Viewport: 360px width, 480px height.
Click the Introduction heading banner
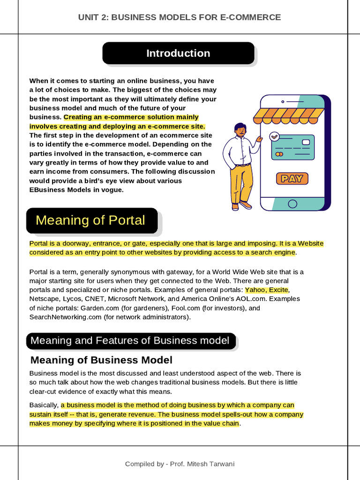click(178, 53)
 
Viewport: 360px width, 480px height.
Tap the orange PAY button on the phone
click(292, 178)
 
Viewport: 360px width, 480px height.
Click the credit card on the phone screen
click(292, 147)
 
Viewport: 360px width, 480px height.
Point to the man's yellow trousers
click(241, 183)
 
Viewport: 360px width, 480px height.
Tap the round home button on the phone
click(292, 203)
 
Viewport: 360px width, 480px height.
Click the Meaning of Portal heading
click(91, 220)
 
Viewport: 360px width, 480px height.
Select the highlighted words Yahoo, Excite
click(266, 290)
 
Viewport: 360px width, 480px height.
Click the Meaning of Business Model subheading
click(101, 360)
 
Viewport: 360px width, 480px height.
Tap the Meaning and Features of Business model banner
click(130, 341)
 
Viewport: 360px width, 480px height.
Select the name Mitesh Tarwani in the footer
click(211, 464)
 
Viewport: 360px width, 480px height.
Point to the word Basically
click(44, 405)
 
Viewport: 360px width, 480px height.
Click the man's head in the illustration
click(240, 129)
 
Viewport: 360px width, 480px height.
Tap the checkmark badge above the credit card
click(275, 136)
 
